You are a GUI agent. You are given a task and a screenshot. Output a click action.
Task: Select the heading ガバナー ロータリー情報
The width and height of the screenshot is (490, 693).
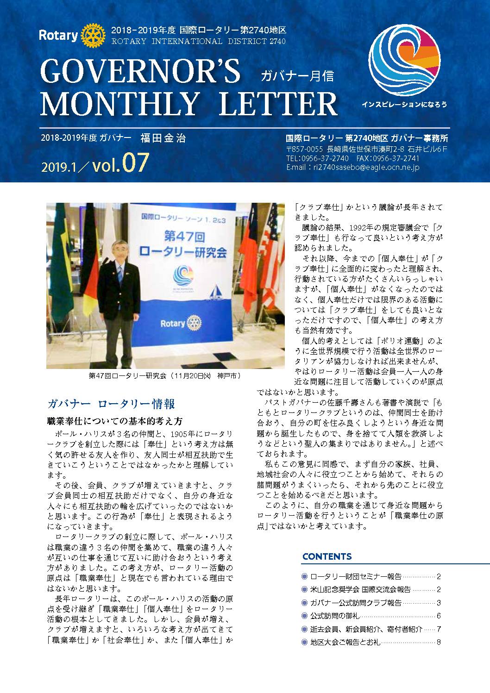[111, 404]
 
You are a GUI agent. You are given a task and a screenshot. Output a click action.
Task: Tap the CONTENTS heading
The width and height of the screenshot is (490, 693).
[327, 556]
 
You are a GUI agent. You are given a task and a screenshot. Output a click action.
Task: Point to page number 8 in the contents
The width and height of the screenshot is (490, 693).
[438, 642]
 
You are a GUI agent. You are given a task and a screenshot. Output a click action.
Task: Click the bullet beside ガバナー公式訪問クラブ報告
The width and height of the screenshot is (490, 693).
[304, 603]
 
